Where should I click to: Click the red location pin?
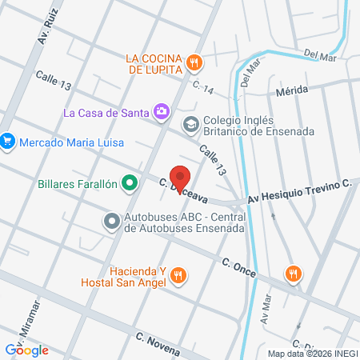coord(181,179)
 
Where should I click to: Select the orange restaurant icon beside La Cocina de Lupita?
coord(194,62)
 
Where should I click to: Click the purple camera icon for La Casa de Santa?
coord(162,111)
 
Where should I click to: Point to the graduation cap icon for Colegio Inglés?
coord(190,123)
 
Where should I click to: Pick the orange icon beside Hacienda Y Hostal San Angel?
coord(179,276)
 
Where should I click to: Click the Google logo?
coord(26,350)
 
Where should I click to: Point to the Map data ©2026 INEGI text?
coord(312,354)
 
